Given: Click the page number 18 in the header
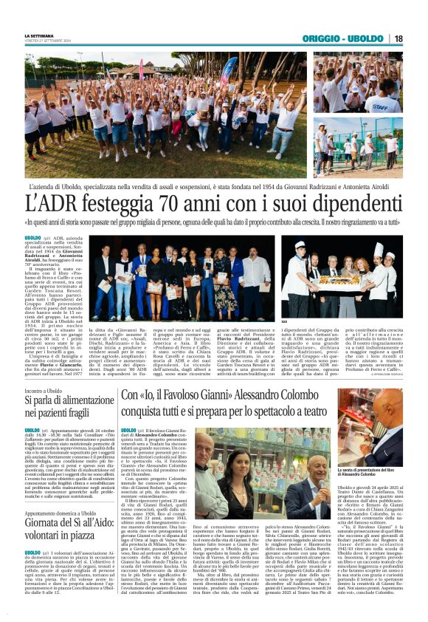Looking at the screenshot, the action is (398, 38).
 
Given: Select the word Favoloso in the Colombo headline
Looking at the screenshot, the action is (201, 396).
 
